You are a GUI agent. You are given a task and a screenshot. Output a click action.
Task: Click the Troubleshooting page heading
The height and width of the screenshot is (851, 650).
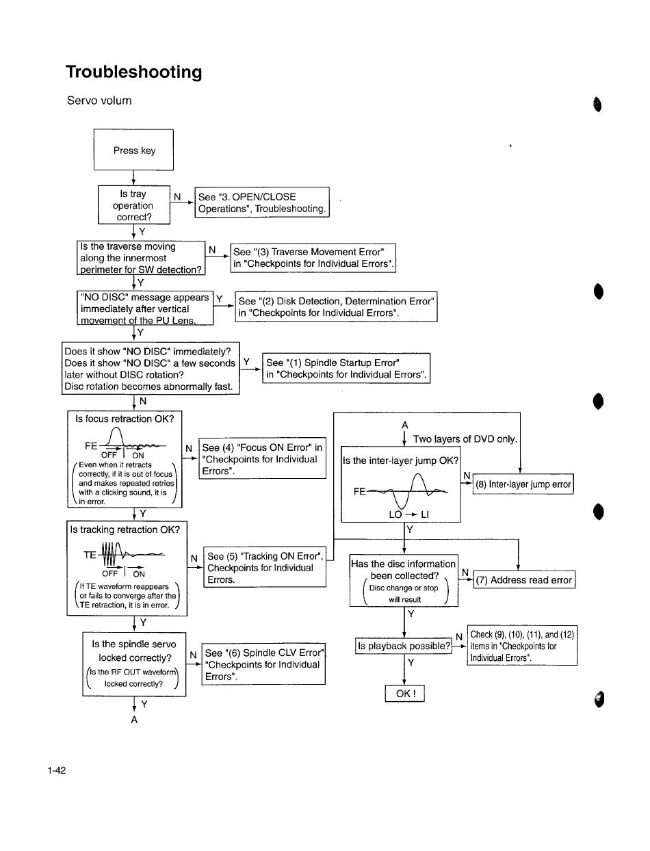click(133, 72)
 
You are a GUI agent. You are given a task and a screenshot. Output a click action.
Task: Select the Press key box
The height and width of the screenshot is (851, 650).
click(133, 150)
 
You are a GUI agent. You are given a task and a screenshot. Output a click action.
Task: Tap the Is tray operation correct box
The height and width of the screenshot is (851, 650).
click(133, 205)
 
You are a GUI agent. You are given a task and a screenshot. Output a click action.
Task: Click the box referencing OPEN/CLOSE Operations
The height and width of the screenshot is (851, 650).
click(262, 202)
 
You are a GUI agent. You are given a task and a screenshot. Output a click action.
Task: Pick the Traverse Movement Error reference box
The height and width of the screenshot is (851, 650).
click(313, 258)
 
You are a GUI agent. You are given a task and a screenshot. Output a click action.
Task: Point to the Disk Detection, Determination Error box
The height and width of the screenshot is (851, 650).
click(336, 306)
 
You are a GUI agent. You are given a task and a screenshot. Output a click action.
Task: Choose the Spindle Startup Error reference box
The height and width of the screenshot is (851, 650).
click(346, 368)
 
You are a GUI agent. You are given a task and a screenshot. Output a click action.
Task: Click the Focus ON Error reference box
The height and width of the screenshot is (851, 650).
click(263, 458)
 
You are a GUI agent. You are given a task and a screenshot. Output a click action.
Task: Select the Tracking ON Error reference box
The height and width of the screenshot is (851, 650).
click(265, 567)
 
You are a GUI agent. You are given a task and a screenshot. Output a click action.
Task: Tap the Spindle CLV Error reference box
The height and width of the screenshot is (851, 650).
click(263, 664)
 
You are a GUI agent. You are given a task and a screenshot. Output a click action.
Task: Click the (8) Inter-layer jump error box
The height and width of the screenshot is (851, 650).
click(523, 484)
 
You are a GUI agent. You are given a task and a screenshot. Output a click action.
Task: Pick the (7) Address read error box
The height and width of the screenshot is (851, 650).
click(524, 579)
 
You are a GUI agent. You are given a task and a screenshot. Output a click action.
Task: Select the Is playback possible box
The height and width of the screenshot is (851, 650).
click(404, 646)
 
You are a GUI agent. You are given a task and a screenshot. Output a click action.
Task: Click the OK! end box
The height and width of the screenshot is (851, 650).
click(404, 694)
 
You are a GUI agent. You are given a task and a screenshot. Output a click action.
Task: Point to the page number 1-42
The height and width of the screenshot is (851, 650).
click(57, 770)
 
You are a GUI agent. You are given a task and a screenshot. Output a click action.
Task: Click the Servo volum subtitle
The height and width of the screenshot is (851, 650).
click(99, 101)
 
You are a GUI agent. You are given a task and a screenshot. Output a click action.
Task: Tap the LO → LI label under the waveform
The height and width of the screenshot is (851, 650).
click(409, 514)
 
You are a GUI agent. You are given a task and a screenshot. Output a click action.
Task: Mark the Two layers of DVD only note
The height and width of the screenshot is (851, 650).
click(465, 439)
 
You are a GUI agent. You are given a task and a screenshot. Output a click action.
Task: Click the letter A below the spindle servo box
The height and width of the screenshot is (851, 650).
click(134, 720)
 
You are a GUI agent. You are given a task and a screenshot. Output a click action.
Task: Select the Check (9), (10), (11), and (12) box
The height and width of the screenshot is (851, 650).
click(522, 646)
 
